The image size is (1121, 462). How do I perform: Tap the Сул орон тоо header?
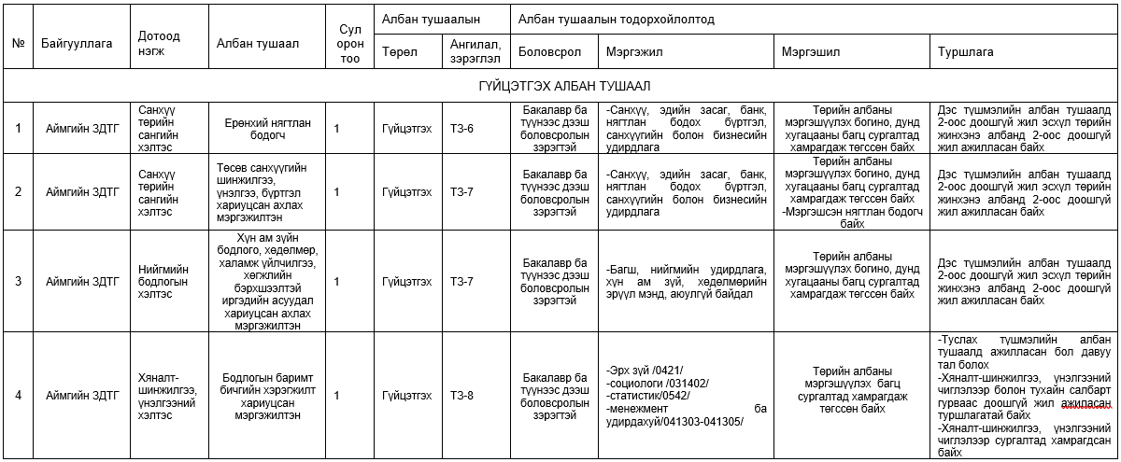350,43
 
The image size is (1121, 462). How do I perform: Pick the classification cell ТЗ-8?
461,395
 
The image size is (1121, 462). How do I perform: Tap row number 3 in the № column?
18,281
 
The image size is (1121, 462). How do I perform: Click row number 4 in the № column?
18,395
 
